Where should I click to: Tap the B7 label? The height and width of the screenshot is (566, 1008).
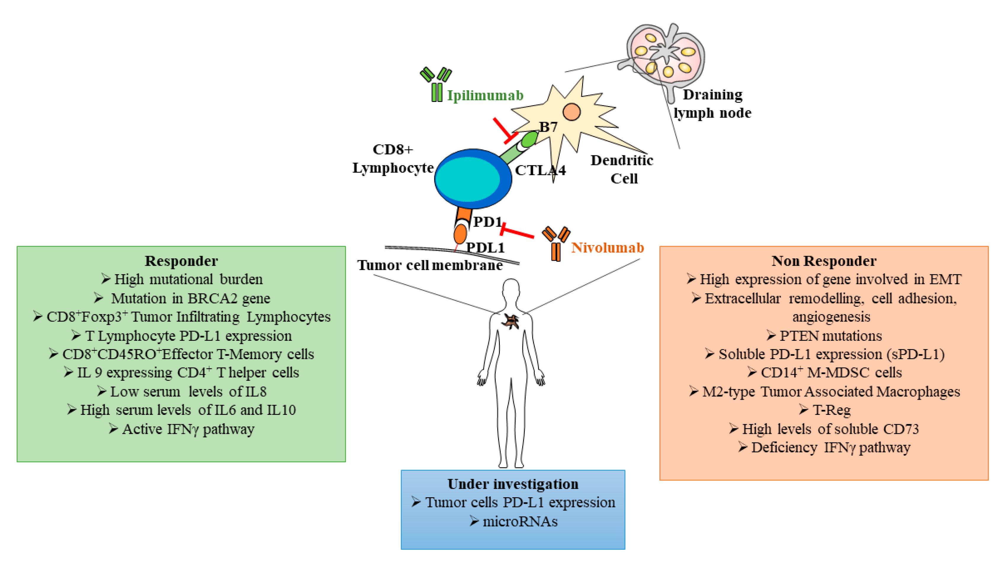coord(548,127)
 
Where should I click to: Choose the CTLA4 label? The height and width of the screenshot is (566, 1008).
coord(540,170)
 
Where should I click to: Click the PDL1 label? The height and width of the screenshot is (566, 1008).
coord(485,247)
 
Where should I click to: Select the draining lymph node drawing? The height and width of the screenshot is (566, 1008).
coord(665,55)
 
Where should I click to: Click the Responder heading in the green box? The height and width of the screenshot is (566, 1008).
coord(181,261)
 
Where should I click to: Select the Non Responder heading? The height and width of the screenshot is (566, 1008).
coord(824,261)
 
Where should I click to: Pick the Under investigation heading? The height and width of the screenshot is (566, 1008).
coord(513,484)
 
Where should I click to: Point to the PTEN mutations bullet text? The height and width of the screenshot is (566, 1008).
coord(830,336)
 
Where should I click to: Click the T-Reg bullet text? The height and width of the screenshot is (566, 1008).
coord(832,410)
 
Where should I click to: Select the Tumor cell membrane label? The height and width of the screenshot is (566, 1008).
coord(430,265)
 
